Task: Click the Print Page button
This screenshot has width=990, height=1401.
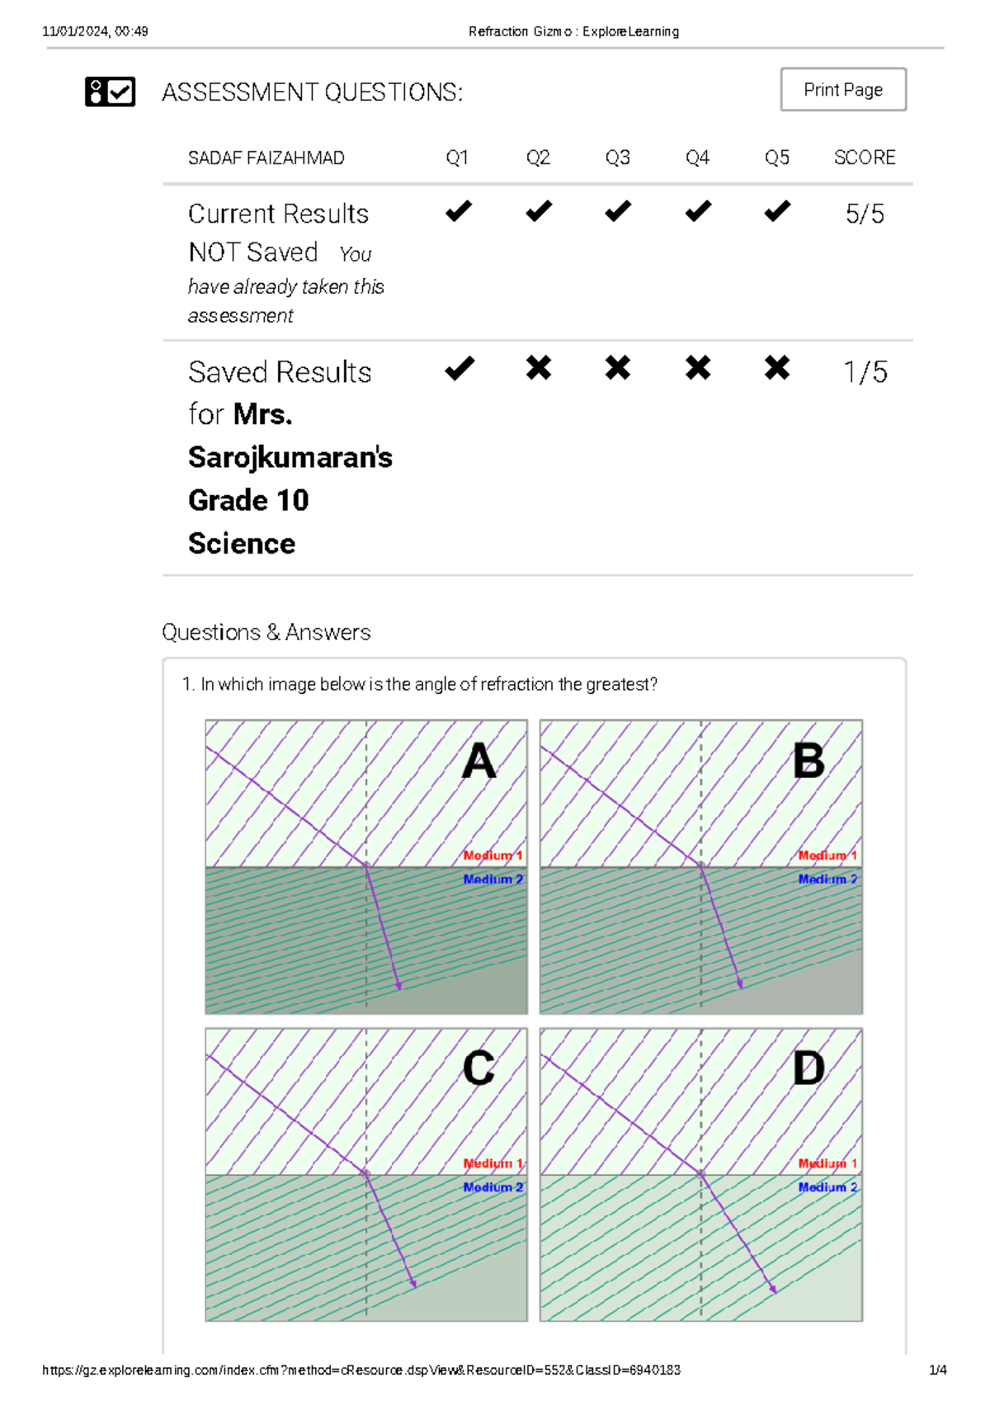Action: pos(842,89)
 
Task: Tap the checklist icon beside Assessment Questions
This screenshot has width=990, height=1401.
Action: pos(110,92)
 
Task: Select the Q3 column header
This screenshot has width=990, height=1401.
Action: pos(617,158)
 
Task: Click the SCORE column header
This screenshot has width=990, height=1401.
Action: pos(864,158)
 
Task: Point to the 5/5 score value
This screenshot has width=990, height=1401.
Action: pos(864,215)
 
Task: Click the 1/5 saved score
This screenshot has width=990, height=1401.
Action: pos(865,372)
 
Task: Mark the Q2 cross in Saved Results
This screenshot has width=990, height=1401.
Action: pos(538,368)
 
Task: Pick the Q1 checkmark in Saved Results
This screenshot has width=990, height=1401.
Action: pos(459,368)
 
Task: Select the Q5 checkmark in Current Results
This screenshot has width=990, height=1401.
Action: pos(776,211)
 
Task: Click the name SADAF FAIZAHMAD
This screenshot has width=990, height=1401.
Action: pos(266,158)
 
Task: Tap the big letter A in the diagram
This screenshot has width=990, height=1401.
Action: pos(478,761)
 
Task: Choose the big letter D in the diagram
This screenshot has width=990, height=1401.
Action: pos(808,1068)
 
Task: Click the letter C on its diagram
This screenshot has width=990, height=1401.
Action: pos(478,1068)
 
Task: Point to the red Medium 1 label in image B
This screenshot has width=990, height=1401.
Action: pos(827,856)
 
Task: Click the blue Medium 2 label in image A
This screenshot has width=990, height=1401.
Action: pos(493,880)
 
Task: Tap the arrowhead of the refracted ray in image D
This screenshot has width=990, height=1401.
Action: pos(773,1290)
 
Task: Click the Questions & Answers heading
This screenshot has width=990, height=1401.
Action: pos(266,632)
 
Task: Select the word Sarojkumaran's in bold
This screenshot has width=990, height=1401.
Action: pos(290,457)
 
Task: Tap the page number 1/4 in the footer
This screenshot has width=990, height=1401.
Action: pos(937,1370)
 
